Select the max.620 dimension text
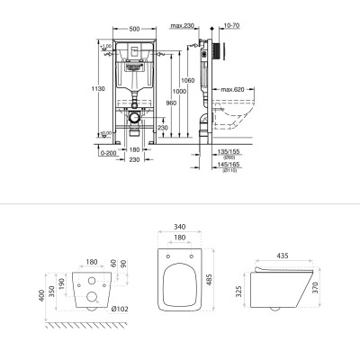pos(232,90)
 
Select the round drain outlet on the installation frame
pos(132,117)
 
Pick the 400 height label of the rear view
pos(42,295)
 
